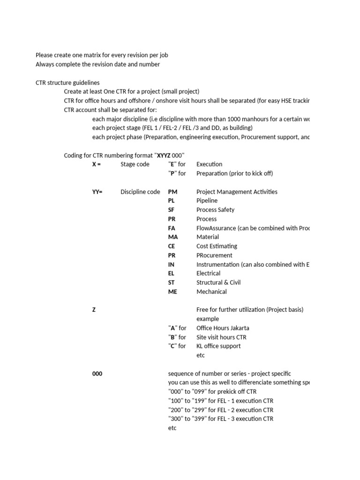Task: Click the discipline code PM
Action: point(173,192)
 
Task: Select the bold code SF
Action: point(171,210)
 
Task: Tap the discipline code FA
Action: point(172,228)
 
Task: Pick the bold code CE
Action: point(171,246)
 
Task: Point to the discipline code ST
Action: point(171,283)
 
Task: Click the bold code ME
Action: point(172,292)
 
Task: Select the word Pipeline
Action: point(207,201)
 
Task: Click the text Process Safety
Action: point(215,210)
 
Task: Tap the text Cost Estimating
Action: point(217,246)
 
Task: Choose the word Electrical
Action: point(208,273)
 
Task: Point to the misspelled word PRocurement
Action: point(214,255)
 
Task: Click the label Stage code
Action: point(135,165)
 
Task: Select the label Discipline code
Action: point(140,192)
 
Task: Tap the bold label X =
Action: point(97,165)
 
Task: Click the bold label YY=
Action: point(97,192)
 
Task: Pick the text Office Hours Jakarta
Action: point(223,328)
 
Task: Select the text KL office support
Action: point(218,346)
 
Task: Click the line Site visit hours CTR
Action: point(221,337)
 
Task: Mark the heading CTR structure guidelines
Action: point(67,82)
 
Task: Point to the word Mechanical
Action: point(211,292)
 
